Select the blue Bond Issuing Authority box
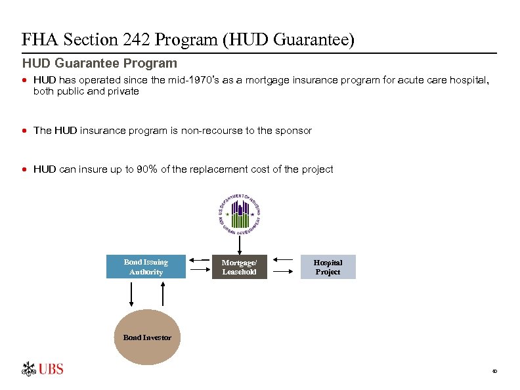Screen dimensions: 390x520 [146, 267]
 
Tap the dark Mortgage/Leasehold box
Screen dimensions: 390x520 [240, 267]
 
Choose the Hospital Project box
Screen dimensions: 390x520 [328, 267]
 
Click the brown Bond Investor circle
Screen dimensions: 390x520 [147, 337]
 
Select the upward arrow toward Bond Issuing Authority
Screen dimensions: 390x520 [160, 293]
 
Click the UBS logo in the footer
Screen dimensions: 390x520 [43, 369]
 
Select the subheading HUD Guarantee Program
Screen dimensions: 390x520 [100, 64]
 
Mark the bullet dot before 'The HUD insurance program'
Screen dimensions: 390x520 [25, 131]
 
